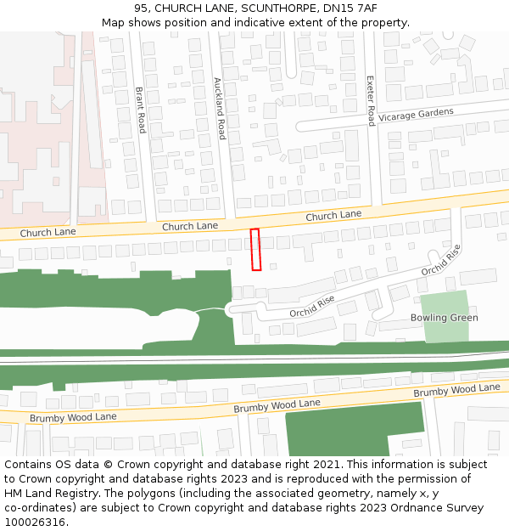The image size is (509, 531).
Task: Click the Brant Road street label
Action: pos(141,110)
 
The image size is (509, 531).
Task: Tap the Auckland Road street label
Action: pos(219,109)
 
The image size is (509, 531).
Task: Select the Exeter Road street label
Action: pos(370,100)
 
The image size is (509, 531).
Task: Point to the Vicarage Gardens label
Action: pos(416,115)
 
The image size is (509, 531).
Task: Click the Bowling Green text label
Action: pos(444,318)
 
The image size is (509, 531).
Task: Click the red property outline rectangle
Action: pos(255,249)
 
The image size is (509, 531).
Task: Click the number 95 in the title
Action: pos(141,8)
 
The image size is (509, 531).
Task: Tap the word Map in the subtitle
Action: pos(113,22)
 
